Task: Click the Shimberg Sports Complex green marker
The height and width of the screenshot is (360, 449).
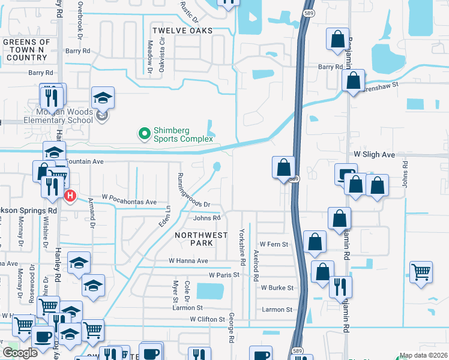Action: coord(144,133)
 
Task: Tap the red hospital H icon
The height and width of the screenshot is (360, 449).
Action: coord(70,196)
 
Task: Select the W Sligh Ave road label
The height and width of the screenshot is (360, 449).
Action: coord(374,155)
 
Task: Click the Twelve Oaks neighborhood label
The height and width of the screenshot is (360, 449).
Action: coord(182,31)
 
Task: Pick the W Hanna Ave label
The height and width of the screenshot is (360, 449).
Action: coord(188,261)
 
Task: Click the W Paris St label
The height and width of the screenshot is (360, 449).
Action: coord(224,275)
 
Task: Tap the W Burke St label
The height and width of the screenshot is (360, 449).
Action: coord(277,288)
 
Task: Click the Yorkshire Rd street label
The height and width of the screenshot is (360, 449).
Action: coord(243,248)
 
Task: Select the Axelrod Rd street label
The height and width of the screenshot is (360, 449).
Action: coord(256,266)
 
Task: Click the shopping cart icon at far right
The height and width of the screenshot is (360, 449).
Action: coord(421,271)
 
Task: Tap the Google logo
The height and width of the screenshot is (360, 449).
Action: coord(20,353)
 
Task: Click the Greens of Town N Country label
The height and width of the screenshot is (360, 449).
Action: coord(25,50)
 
